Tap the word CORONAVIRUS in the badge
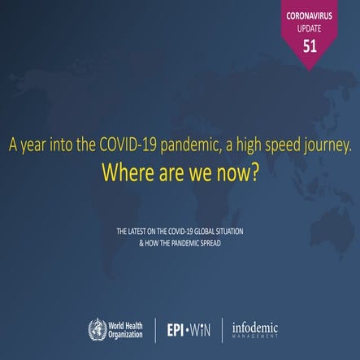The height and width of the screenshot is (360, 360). point(310,15)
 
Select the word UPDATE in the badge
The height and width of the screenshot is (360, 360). point(310,28)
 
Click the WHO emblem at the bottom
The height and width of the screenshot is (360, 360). point(98,329)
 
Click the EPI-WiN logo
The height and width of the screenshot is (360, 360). point(188,329)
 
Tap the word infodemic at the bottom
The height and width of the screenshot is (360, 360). point(254,327)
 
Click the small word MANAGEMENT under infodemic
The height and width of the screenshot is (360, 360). point(255,337)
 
